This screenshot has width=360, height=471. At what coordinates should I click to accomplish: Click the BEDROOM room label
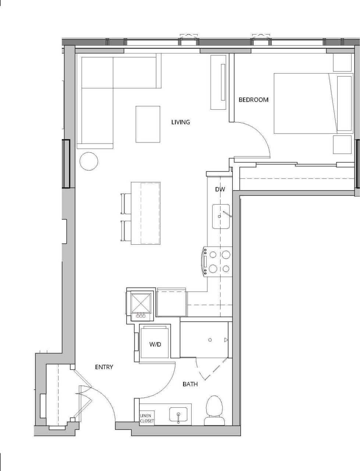click(254, 100)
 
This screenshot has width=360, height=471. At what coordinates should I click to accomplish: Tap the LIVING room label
click(181, 122)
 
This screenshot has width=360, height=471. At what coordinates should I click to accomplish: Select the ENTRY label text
click(104, 367)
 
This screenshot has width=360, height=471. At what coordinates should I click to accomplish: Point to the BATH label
click(190, 384)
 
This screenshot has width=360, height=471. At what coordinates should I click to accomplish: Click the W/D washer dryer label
click(155, 344)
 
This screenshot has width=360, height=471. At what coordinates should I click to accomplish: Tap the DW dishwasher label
click(220, 189)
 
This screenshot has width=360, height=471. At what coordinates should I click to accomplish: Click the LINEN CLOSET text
click(147, 418)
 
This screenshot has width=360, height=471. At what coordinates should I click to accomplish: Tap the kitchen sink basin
click(221, 216)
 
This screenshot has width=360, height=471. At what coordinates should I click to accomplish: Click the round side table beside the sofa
click(89, 161)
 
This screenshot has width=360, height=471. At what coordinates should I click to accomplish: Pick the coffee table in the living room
click(148, 124)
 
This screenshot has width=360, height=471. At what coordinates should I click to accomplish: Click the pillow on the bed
click(344, 103)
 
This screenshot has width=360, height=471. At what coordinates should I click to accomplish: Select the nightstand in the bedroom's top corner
click(342, 63)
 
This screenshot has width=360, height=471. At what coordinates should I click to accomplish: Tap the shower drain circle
click(210, 340)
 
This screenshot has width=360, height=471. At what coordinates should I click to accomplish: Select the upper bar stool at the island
click(126, 203)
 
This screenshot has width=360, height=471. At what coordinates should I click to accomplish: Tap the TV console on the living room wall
click(218, 82)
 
